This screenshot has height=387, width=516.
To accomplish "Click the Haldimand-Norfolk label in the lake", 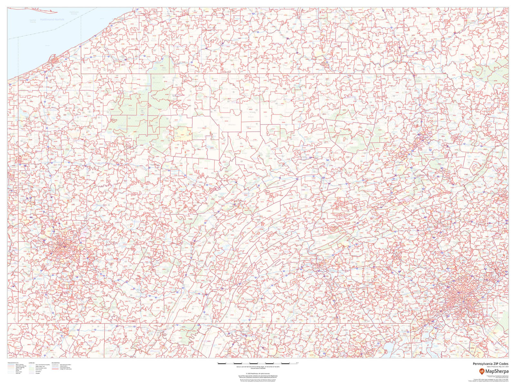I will coord(52,20).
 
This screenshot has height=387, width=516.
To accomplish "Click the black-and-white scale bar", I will coord(258,364).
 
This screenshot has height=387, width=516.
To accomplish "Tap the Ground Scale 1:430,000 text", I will coord(258,368).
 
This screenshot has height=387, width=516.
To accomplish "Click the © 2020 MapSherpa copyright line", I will coord(258,373).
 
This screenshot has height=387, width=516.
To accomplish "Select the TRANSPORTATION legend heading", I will coord(13,363).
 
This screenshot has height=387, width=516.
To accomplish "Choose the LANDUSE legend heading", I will coord(32,363).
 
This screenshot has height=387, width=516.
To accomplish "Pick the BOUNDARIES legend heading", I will coord(55,363).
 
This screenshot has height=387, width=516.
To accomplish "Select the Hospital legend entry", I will coord(38,373).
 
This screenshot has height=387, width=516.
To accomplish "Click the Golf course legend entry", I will coord(39,370).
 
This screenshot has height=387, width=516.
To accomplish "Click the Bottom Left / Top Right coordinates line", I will coord(258,367).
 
